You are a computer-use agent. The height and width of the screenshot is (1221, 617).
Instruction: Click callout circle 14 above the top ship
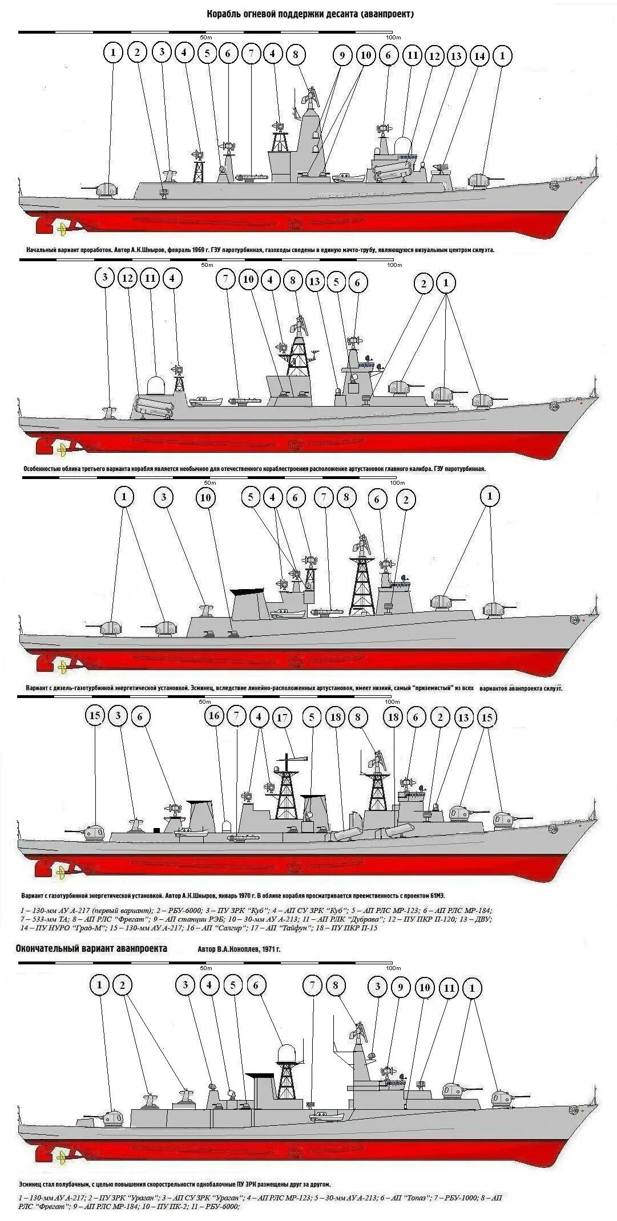pyautogui.click(x=479, y=56)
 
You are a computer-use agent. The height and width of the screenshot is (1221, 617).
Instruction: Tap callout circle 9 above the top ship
pyautogui.click(x=342, y=55)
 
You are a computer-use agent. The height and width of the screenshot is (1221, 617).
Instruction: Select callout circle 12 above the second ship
pyautogui.click(x=128, y=278)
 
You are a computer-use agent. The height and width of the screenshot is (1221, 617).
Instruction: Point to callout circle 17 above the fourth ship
pyautogui.click(x=282, y=717)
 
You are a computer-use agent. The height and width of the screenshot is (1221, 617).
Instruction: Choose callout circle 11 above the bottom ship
pyautogui.click(x=449, y=988)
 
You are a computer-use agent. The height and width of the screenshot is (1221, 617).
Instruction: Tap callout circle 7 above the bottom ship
pyautogui.click(x=312, y=985)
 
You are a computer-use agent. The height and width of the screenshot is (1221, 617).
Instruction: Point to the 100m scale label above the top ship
pyautogui.click(x=392, y=37)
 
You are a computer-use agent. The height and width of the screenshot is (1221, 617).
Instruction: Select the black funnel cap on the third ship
pyautogui.click(x=247, y=591)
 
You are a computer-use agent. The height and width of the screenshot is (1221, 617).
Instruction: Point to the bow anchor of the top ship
pyautogui.click(x=553, y=185)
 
